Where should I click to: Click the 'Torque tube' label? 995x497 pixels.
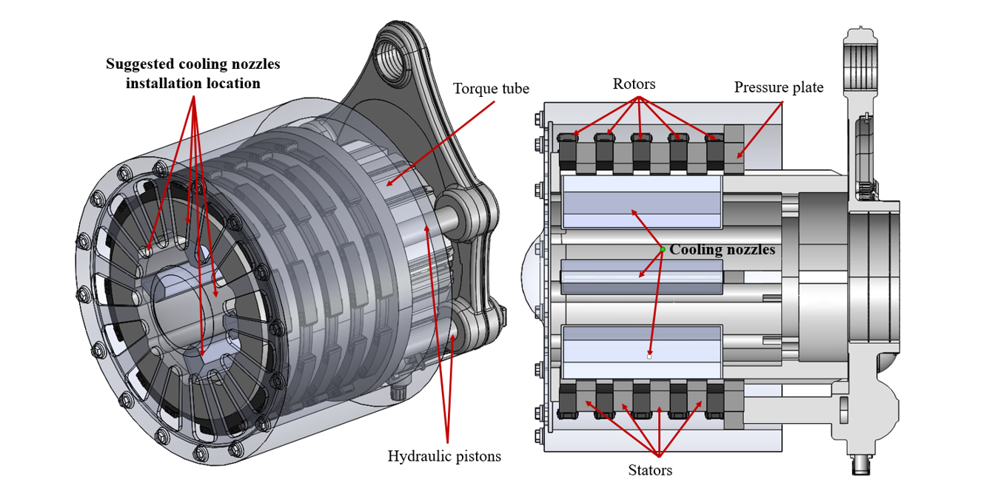click(491, 89)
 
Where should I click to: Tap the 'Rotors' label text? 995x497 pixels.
click(634, 84)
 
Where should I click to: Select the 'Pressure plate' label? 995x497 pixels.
click(778, 88)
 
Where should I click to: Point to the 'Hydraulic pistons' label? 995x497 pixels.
click(444, 456)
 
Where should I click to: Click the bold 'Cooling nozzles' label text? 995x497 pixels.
click(722, 250)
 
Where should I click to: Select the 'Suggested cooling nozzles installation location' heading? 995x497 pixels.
click(193, 74)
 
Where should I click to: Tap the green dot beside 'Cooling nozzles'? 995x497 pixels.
click(663, 249)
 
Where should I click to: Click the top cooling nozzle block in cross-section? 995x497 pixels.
click(642, 202)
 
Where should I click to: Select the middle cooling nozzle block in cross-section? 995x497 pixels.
click(642, 280)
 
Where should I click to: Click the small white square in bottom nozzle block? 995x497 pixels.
click(649, 356)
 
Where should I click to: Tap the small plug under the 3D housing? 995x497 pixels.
click(401, 390)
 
